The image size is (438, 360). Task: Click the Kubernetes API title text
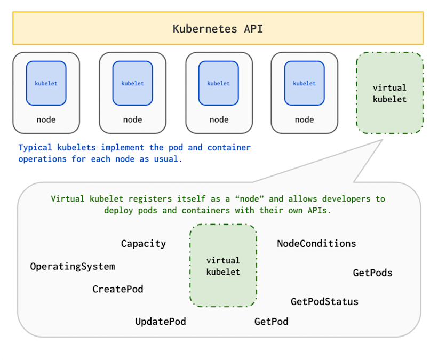pyautogui.click(x=218, y=29)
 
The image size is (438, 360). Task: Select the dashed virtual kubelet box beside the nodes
pyautogui.click(x=389, y=93)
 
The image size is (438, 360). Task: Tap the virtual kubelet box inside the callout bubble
pyautogui.click(x=223, y=266)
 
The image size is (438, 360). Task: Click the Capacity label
pyautogui.click(x=144, y=244)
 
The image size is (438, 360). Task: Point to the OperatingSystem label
pyautogui.click(x=72, y=266)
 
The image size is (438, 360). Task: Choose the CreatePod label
pyautogui.click(x=118, y=289)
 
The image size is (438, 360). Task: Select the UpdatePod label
pyautogui.click(x=161, y=322)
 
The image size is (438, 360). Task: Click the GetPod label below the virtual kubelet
pyautogui.click(x=271, y=322)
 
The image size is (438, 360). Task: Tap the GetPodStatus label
pyautogui.click(x=324, y=301)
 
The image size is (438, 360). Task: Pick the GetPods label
pyautogui.click(x=372, y=273)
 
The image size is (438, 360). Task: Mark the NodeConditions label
pyautogui.click(x=316, y=244)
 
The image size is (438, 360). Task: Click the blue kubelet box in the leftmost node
pyautogui.click(x=46, y=83)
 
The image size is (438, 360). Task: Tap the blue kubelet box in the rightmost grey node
pyautogui.click(x=304, y=83)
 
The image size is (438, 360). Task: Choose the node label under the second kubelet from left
pyautogui.click(x=132, y=119)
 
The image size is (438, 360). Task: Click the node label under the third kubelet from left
pyautogui.click(x=219, y=119)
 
